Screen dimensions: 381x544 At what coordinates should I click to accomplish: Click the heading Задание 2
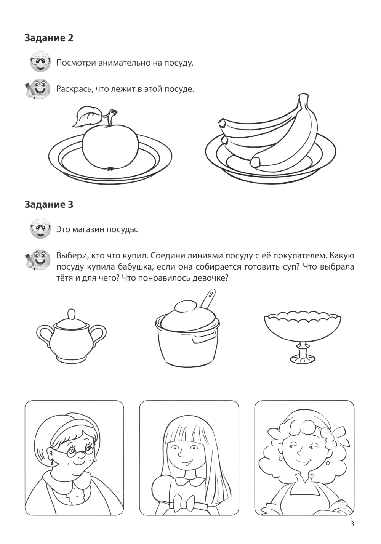click(49, 38)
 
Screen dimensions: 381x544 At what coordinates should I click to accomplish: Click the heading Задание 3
click(49, 204)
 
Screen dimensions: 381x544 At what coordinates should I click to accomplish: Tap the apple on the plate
click(110, 147)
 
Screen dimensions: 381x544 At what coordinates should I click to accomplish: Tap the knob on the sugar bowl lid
click(71, 314)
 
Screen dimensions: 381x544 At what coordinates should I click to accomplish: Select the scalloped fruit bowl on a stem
click(303, 337)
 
